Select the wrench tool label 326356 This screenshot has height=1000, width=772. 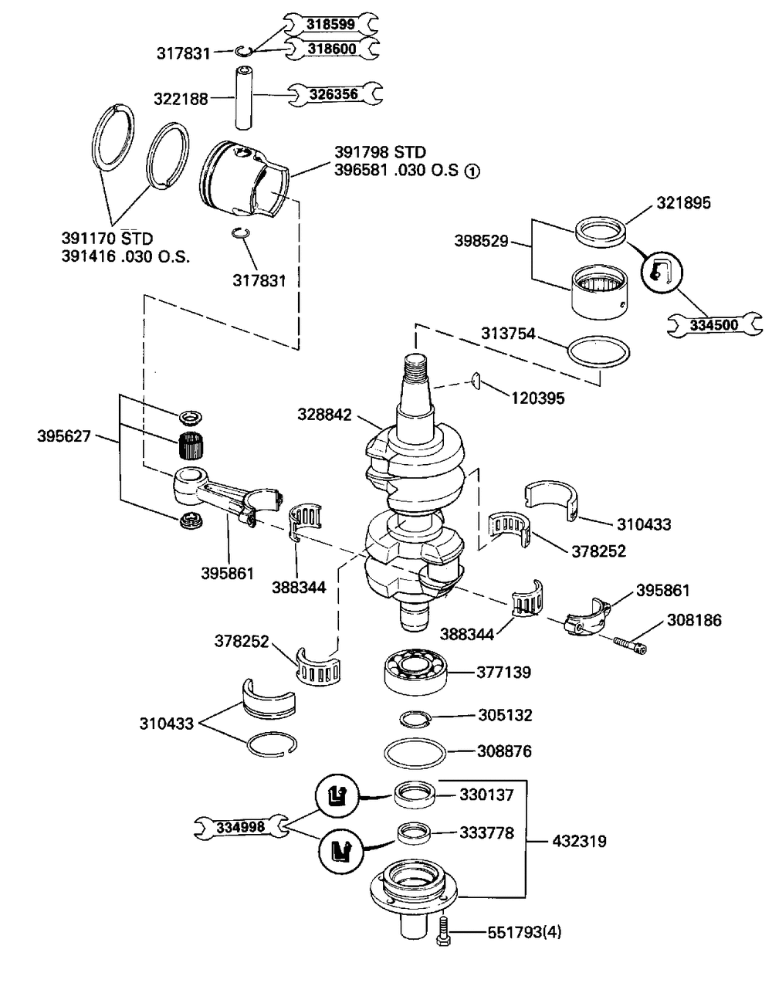pyautogui.click(x=334, y=94)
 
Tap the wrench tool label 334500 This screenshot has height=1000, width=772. pyautogui.click(x=714, y=325)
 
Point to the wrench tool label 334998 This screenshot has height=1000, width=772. pyautogui.click(x=241, y=827)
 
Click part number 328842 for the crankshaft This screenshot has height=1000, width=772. pyautogui.click(x=324, y=415)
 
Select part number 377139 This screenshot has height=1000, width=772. pyautogui.click(x=504, y=673)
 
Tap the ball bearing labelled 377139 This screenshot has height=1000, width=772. pyautogui.click(x=417, y=672)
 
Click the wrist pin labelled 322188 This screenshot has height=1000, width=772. pyautogui.click(x=243, y=98)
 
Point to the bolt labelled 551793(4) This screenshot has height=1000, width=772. pyautogui.click(x=442, y=931)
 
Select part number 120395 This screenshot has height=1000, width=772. pyautogui.click(x=538, y=398)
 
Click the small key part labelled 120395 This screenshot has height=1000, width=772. pyautogui.click(x=476, y=380)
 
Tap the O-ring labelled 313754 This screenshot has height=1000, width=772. pyautogui.click(x=598, y=352)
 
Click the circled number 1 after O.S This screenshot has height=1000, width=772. pyautogui.click(x=472, y=171)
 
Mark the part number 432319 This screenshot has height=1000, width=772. pyautogui.click(x=579, y=842)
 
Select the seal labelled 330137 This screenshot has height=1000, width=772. pyautogui.click(x=415, y=794)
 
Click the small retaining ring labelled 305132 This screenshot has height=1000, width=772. pyautogui.click(x=415, y=719)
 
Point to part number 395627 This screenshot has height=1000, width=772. pyautogui.click(x=64, y=436)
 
